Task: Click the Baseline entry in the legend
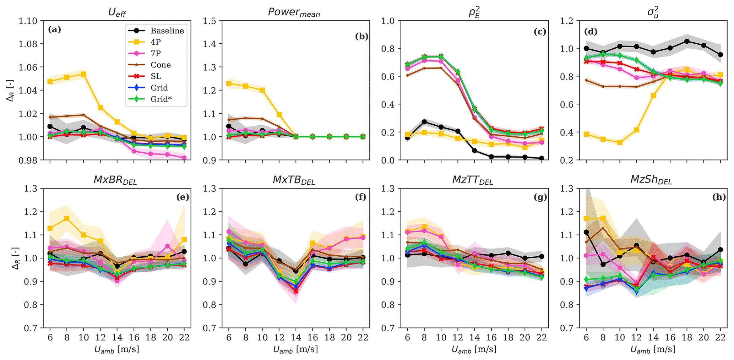167,31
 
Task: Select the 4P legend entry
156,42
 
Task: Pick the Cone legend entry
161,65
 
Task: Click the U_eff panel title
117,13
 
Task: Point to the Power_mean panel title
294,12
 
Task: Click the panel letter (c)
540,32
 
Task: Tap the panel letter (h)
719,197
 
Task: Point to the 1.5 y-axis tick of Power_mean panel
210,21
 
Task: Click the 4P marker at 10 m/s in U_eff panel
83,74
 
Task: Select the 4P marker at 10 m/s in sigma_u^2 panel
620,142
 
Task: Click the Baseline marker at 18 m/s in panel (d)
687,42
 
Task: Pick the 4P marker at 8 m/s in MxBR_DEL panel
67,218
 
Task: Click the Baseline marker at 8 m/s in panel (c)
424,122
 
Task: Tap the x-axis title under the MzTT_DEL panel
474,349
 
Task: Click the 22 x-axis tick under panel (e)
184,337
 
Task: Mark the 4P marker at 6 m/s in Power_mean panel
229,83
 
